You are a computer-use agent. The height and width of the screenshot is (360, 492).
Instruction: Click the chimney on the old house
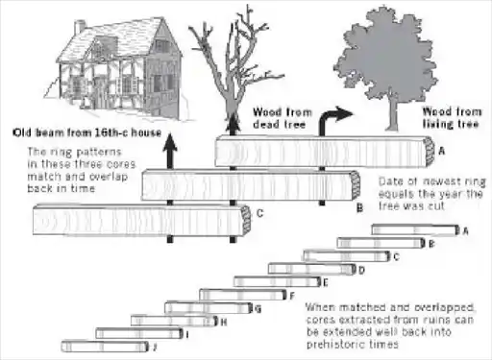(80, 27)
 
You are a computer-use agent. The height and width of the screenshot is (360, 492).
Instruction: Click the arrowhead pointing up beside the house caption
(170, 142)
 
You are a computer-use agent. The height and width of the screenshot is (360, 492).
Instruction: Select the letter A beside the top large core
(442, 151)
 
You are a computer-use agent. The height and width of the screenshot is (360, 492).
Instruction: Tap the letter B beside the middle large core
(359, 208)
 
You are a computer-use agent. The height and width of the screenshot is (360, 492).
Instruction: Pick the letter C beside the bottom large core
(260, 213)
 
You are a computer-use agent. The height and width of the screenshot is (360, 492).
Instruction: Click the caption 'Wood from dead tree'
(282, 118)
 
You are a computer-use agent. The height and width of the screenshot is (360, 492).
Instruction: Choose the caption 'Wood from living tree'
(452, 118)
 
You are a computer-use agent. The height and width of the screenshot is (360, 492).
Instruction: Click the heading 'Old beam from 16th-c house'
(87, 132)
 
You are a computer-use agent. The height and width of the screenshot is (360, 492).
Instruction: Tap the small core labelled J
(105, 347)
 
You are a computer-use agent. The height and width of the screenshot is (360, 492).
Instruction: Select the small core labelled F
(243, 295)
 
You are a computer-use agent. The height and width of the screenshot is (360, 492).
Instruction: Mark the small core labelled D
(312, 269)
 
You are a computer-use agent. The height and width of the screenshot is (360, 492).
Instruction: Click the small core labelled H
(175, 321)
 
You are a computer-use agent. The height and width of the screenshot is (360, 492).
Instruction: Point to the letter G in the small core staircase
(258, 309)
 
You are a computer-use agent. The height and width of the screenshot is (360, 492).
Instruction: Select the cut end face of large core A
(430, 152)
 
